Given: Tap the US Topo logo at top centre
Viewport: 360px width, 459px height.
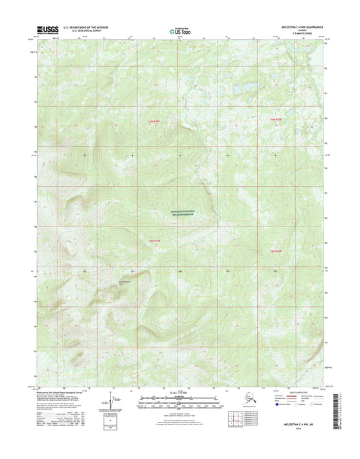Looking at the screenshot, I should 178,30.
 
